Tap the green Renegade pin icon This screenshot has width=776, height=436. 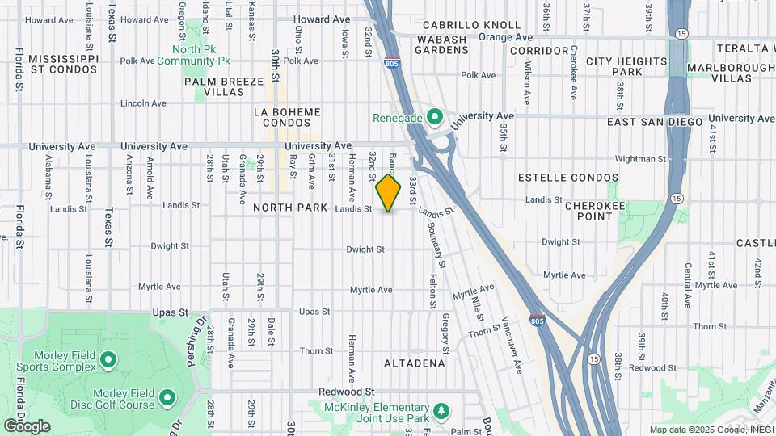coord(436,118)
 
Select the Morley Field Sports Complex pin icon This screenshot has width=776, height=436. coord(108,358)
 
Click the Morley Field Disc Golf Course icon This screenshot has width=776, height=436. coord(167,397)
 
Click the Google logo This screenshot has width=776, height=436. coord(27,426)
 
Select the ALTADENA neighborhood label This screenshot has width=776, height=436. coord(415,363)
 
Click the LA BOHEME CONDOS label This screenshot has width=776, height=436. coord(287,118)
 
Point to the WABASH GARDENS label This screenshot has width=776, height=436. coord(441,44)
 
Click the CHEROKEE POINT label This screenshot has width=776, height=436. coord(596,212)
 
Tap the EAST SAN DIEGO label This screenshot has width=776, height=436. coord(656,122)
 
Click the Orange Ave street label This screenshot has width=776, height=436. coord(505,37)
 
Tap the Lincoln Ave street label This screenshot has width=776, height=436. coord(142,103)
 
